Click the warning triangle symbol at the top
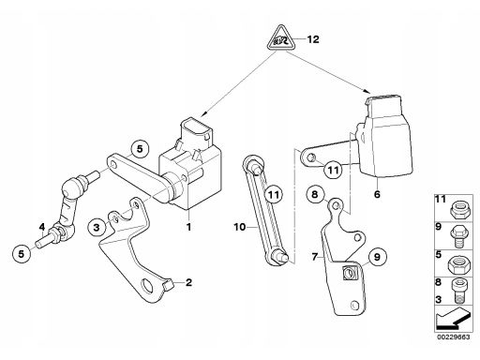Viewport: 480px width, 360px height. [281, 37]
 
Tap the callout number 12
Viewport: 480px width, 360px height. [313, 39]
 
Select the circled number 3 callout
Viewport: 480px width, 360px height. [97, 227]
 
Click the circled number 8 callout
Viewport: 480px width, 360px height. [315, 194]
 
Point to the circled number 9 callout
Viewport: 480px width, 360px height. [377, 257]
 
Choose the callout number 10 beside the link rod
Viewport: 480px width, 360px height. [240, 227]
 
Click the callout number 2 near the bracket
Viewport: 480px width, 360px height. [188, 282]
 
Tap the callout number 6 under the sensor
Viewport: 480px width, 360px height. [377, 194]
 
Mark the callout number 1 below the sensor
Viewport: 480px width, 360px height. [188, 227]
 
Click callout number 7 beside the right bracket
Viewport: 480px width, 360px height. [315, 257]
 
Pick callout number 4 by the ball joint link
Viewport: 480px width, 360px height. [42, 227]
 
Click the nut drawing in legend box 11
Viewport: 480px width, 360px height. [458, 208]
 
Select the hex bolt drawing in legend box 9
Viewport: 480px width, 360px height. [457, 236]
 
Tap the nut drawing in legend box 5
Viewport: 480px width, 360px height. [457, 265]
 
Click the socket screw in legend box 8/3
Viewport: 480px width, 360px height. [458, 292]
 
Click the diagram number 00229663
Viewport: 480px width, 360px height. [453, 337]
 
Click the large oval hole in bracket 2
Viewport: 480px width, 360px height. [147, 285]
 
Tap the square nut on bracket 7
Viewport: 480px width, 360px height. [349, 273]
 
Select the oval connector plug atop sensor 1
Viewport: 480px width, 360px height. [195, 130]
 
